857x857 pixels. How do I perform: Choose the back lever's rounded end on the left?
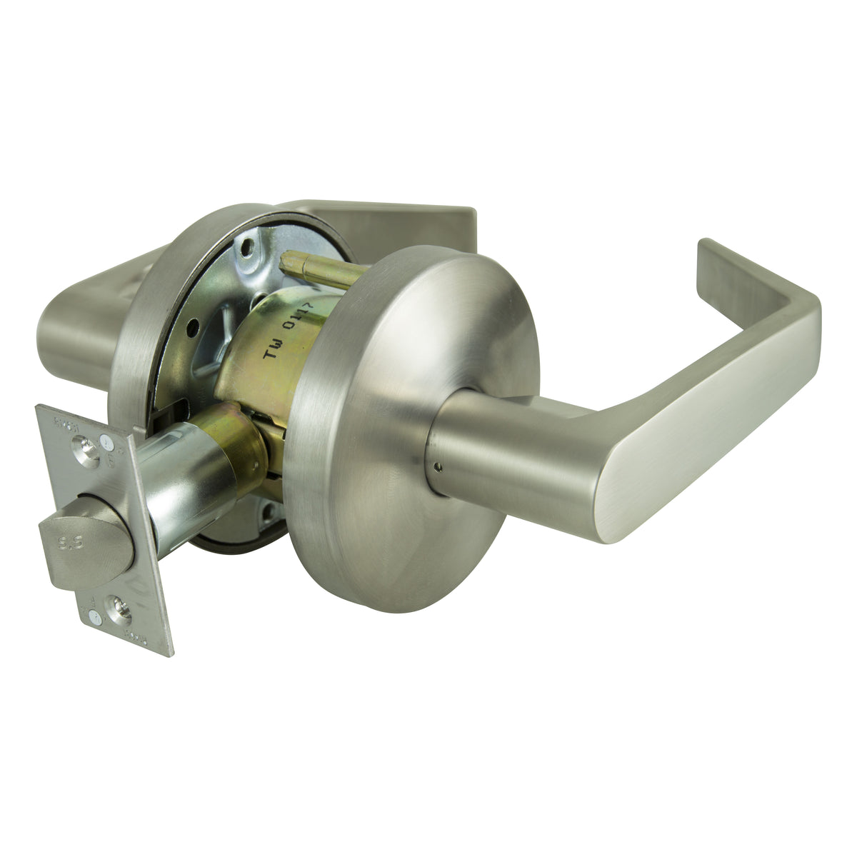tap(68, 336)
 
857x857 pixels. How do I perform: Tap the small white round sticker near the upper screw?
tap(107, 443)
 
